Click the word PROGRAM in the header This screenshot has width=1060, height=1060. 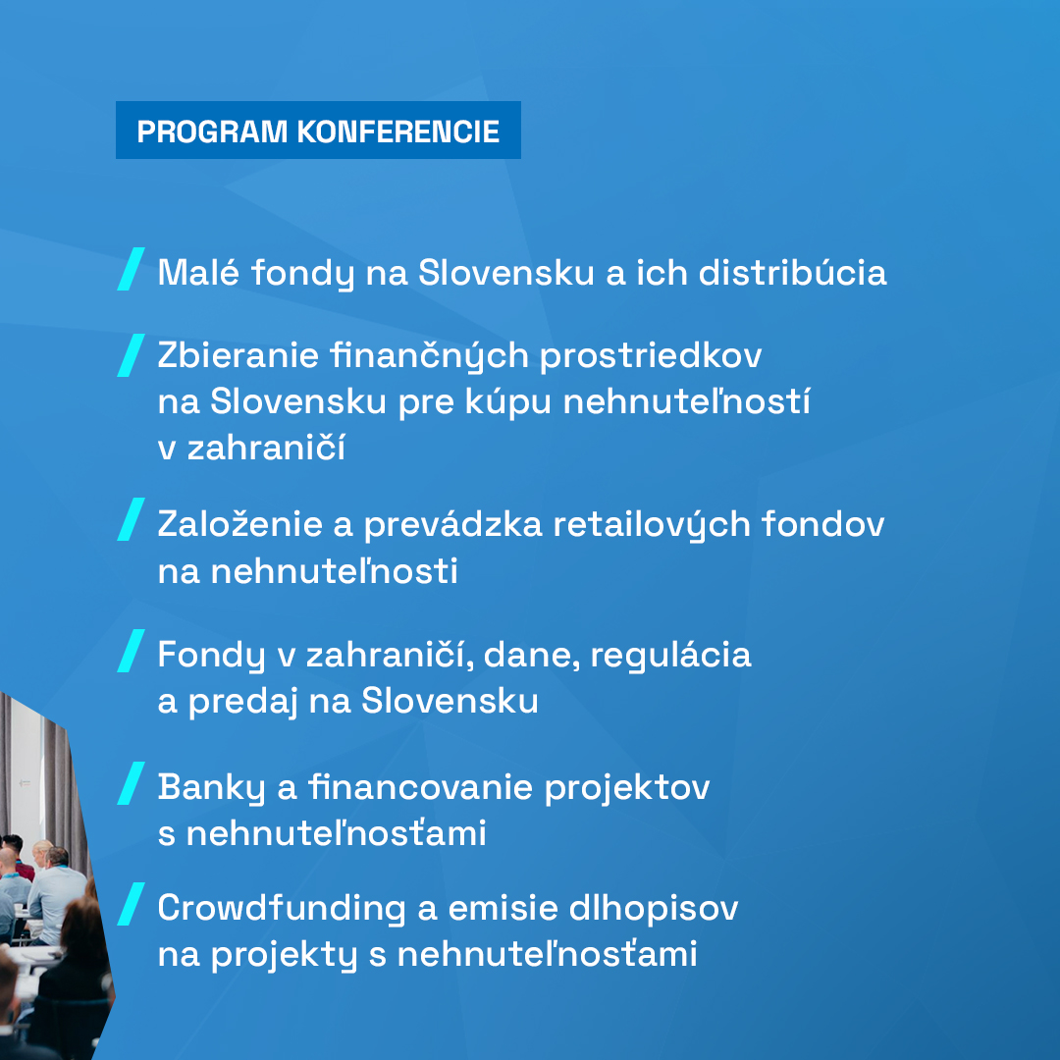pos(212,132)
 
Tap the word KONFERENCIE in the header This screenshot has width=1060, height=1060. pos(398,132)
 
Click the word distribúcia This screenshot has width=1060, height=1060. pos(792,272)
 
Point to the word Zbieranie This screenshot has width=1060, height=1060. pos(238,355)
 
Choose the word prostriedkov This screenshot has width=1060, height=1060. pos(651,356)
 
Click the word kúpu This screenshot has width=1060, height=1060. pos(500,402)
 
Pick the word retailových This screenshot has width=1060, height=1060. pos(652,525)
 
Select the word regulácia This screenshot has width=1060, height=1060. pos(670,656)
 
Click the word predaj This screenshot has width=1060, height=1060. pos(242,701)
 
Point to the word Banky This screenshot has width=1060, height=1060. pos(211,787)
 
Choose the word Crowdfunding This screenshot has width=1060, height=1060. pos(282,908)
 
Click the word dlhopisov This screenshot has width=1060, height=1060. pos(653,909)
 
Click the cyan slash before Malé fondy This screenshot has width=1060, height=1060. pos(131,269)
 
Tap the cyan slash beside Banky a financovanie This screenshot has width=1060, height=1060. pos(131,783)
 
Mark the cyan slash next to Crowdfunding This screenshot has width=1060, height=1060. pos(131,904)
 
